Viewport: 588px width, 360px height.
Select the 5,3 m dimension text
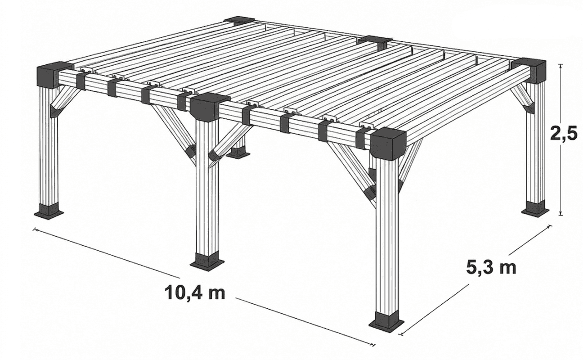(491, 268)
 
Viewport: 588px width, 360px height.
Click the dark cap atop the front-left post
(51, 74)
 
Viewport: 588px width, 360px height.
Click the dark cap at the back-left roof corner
(239, 21)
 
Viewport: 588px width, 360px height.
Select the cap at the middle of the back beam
(373, 41)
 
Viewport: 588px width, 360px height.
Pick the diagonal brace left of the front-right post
(352, 174)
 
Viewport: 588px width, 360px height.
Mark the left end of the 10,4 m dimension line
(34, 229)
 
